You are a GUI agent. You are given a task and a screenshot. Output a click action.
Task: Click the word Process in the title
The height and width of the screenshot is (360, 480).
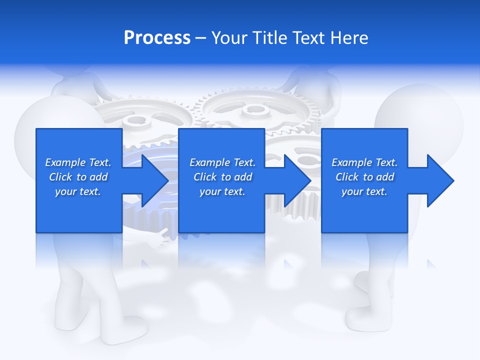(157, 38)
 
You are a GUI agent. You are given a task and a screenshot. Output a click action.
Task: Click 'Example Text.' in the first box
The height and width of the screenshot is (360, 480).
(78, 162)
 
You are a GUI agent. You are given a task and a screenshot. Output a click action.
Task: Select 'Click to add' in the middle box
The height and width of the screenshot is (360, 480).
(222, 177)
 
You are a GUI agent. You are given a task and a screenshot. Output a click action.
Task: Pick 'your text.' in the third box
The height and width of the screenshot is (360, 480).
(364, 191)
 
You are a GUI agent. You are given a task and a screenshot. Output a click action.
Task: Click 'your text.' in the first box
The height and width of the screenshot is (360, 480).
(78, 191)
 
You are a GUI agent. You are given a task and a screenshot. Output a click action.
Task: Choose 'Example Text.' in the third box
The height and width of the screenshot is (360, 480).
(364, 162)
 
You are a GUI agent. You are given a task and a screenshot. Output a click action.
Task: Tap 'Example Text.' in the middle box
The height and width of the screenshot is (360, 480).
(222, 162)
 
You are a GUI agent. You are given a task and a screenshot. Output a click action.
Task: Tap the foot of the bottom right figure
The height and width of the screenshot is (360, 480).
(367, 315)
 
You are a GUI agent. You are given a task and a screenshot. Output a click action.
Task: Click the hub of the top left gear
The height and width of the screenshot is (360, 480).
(133, 120)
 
